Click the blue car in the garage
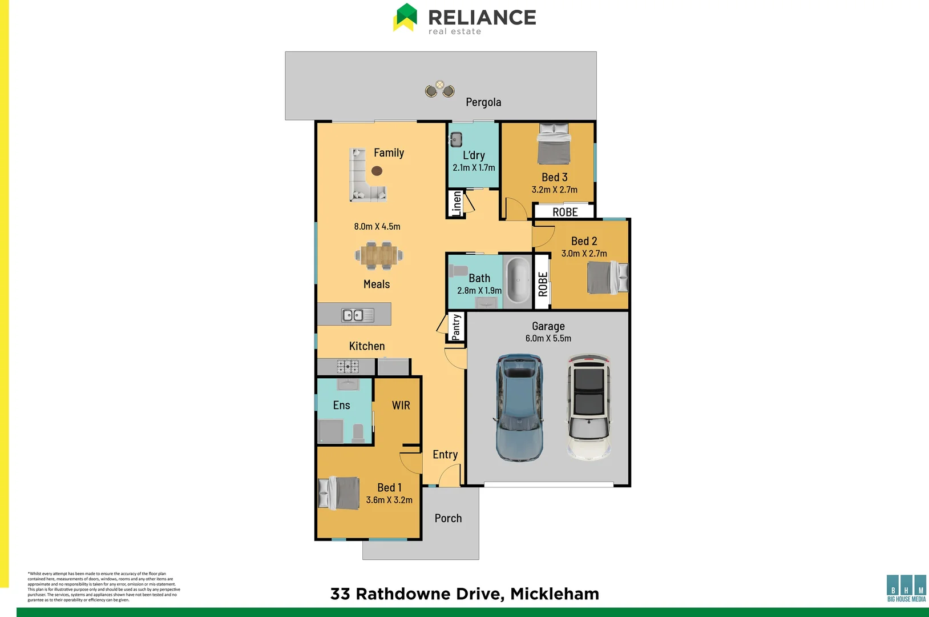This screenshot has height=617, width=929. [x=519, y=408]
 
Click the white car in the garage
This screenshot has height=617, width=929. [x=588, y=407]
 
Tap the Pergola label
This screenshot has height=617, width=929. [x=483, y=102]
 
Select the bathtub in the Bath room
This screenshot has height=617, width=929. [x=518, y=280]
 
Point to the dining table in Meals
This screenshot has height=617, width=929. [x=379, y=255]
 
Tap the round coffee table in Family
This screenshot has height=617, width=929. [x=377, y=171]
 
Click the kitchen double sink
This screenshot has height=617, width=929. [x=353, y=315]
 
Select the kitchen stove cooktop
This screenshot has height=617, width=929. [x=348, y=366]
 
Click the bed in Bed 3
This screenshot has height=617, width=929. [x=554, y=145]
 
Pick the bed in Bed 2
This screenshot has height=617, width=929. [x=607, y=278]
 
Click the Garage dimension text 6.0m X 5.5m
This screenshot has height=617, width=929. [x=548, y=338]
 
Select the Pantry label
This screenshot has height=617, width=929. [x=456, y=327]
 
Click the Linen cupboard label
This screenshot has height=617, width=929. [x=457, y=203]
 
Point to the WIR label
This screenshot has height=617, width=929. [x=401, y=406]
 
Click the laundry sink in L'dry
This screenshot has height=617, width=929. [x=457, y=139]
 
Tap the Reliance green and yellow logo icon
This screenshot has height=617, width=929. [x=406, y=18]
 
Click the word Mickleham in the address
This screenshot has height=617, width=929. [x=555, y=594]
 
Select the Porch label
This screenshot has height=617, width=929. [x=448, y=518]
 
